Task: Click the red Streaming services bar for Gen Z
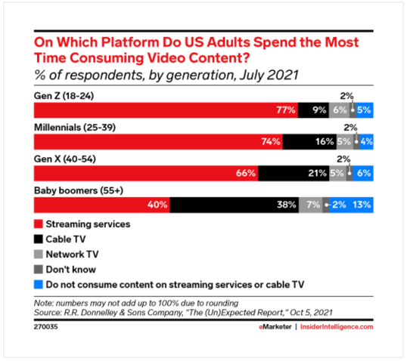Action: pos(166,110)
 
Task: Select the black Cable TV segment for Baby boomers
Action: pos(235,205)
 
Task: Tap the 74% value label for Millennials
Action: pos(271,142)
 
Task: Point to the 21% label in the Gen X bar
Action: pos(317,173)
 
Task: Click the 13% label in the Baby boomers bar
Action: pos(362,205)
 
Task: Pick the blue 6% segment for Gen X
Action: pos(363,173)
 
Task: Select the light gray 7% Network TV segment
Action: pos(311,205)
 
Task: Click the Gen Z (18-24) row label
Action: pos(64,96)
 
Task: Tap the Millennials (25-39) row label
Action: pos(75,128)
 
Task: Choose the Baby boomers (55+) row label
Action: pos(79,191)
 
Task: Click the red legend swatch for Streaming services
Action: pos(39,224)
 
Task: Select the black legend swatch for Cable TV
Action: pos(39,239)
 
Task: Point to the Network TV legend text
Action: pos(72,255)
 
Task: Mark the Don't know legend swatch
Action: pos(39,270)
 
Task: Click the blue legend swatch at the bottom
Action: pos(39,285)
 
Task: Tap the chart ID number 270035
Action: pos(45,327)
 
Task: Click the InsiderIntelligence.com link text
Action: pos(337,327)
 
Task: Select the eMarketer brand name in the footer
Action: pos(275,327)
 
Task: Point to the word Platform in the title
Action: pos(130,42)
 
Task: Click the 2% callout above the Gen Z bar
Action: pos(346,96)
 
